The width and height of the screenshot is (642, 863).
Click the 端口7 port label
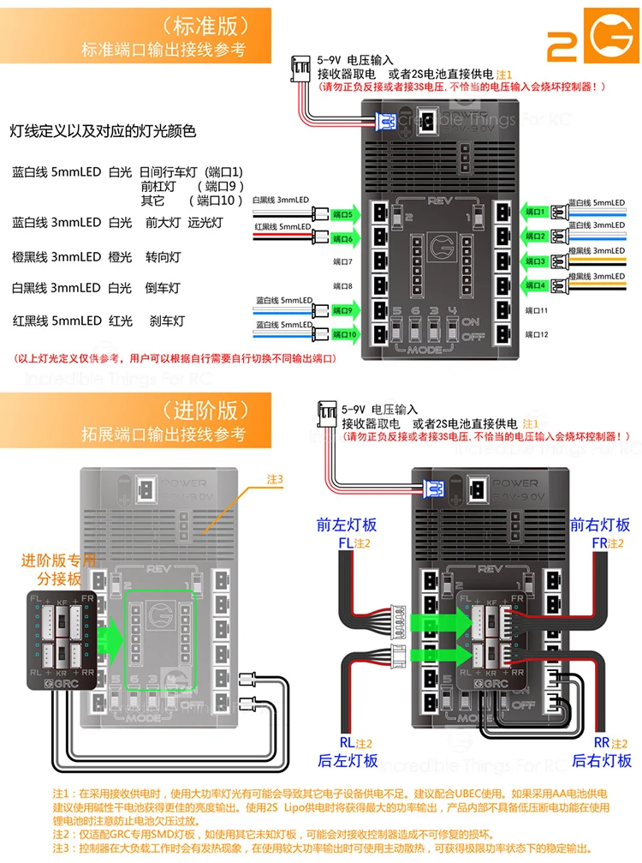pos(342,261)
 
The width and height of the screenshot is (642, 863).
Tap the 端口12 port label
pos(537,333)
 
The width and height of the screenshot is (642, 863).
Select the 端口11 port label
pos(537,309)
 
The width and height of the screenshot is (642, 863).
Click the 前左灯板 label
pos(346,524)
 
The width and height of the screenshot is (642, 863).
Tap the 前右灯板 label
pos(600,524)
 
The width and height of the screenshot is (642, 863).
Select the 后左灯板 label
pos(348,760)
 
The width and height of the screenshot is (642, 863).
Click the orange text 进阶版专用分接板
pos(58,569)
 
